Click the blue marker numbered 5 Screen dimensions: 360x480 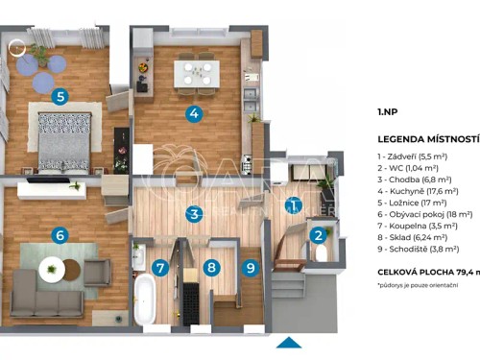tap(60, 96)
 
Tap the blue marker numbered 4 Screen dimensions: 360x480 tap(194, 113)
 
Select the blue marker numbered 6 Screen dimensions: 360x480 tap(60, 234)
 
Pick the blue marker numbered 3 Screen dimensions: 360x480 tap(194, 214)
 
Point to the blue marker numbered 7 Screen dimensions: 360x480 tap(161, 269)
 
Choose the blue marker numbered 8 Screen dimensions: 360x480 tap(211, 269)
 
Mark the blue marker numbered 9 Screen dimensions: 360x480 tap(252, 269)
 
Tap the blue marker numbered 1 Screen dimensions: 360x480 tap(296, 204)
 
